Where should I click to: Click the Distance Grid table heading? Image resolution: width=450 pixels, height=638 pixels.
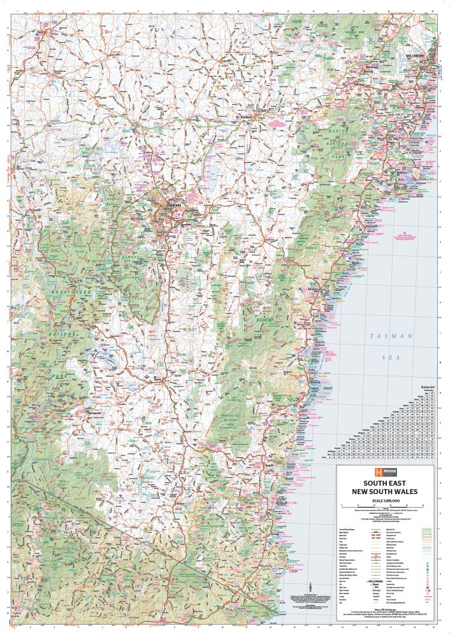[426, 386]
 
